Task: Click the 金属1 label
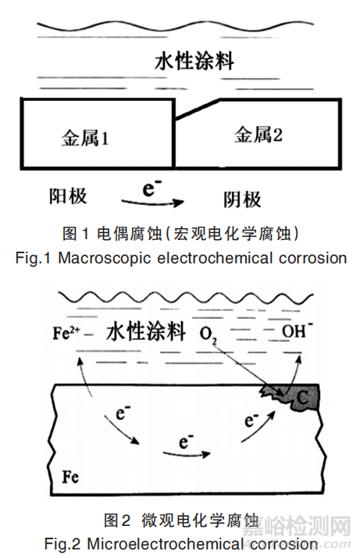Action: [85, 138]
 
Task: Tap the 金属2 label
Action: [258, 135]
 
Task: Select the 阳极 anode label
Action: [68, 196]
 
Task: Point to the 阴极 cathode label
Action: [242, 199]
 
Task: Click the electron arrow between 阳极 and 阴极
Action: [153, 203]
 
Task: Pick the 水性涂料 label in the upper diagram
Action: [194, 61]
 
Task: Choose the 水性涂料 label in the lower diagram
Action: [146, 331]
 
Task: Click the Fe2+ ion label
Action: [66, 333]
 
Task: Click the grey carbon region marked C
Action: [296, 397]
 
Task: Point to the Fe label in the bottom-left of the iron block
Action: [70, 477]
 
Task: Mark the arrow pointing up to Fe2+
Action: [84, 377]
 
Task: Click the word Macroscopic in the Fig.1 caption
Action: [104, 259]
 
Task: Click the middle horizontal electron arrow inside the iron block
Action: [187, 454]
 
